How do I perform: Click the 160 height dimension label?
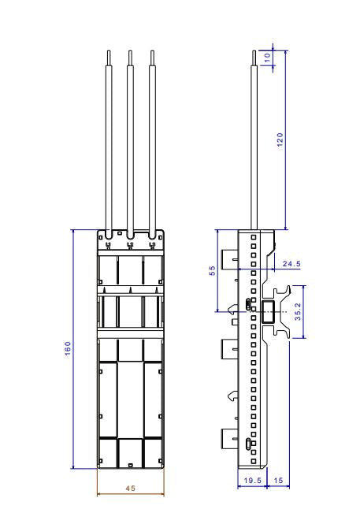[x=68, y=348]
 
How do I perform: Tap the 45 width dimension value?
[x=131, y=488]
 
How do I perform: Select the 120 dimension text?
[x=280, y=139]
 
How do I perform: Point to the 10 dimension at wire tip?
[x=267, y=58]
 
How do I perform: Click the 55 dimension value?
[x=212, y=270]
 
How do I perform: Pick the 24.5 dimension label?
[x=291, y=264]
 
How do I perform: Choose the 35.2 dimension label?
[x=298, y=312]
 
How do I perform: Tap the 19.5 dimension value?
[x=253, y=480]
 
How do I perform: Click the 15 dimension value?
[x=279, y=480]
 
